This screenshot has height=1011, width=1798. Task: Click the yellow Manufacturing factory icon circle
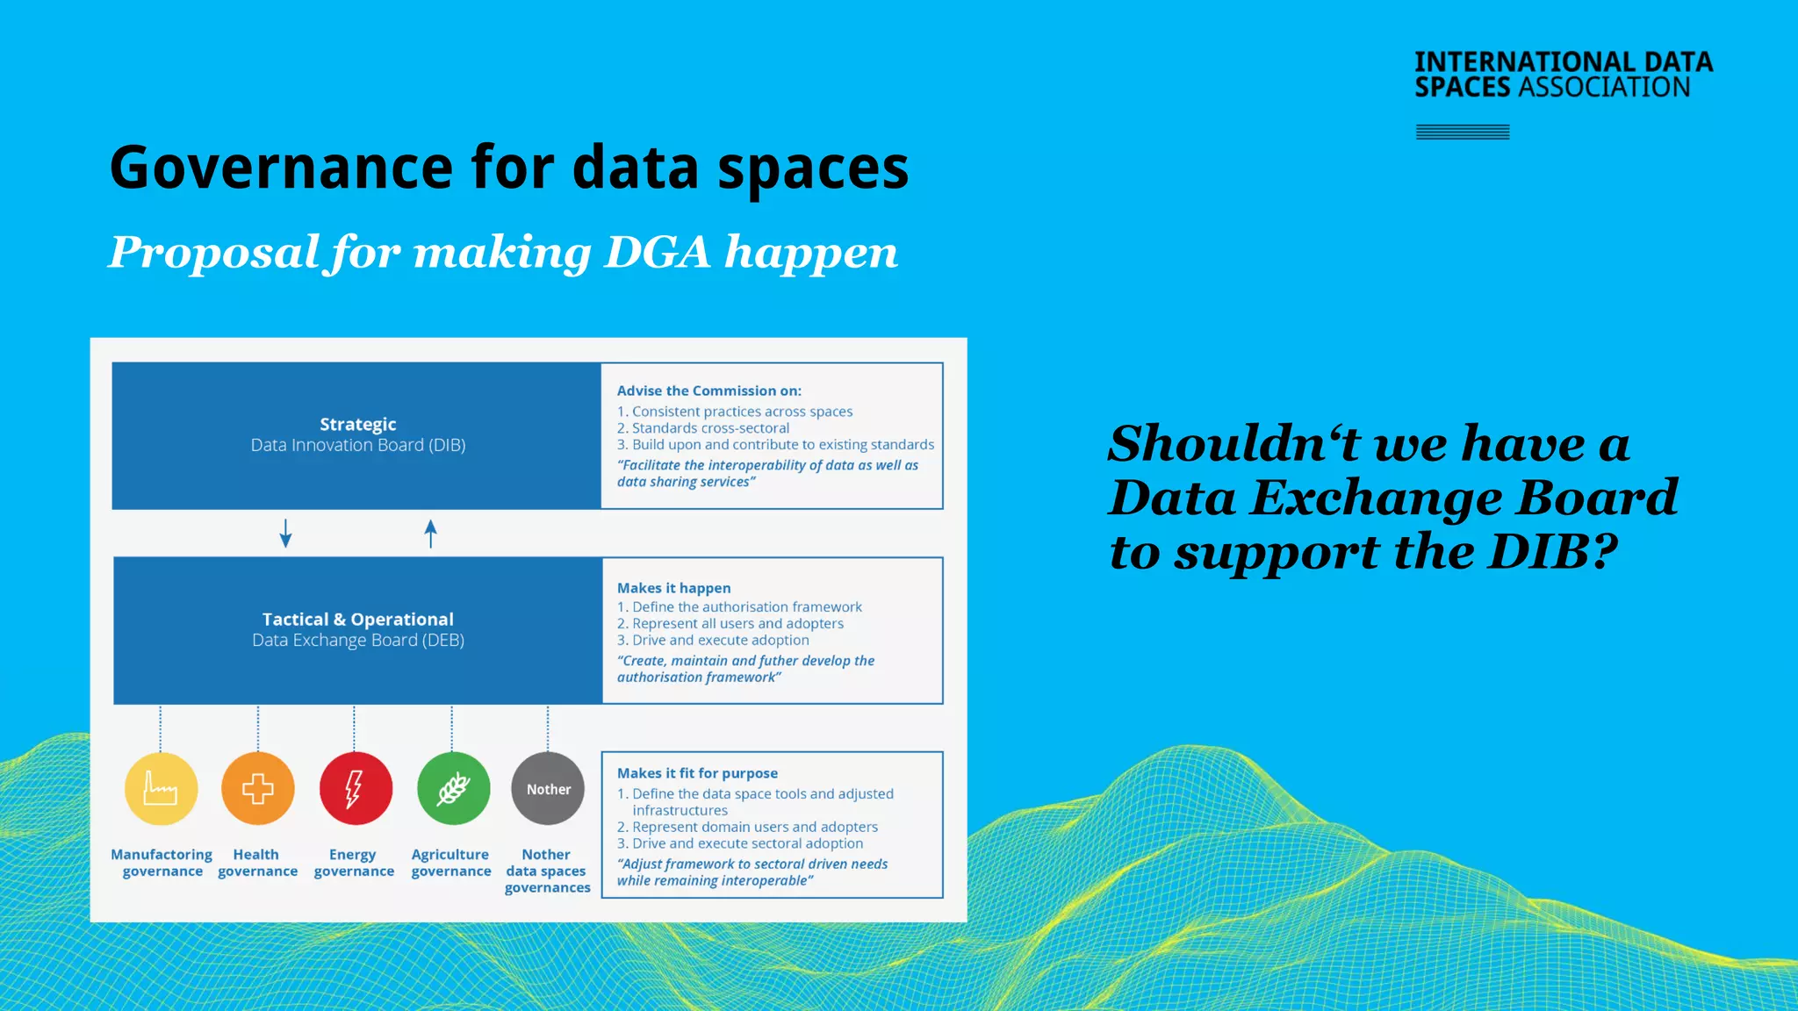click(x=161, y=788)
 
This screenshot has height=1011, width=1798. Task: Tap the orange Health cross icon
click(x=257, y=788)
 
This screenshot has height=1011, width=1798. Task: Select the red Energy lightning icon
click(x=355, y=788)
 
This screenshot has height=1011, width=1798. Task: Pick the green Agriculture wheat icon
click(x=453, y=788)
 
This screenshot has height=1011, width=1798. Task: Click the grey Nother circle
click(x=548, y=788)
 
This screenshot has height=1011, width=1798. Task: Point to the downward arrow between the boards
click(x=285, y=533)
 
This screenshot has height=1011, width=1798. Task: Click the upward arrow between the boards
click(x=430, y=533)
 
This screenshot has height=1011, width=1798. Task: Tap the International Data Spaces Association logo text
click(x=1563, y=75)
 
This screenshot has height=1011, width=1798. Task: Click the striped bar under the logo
click(x=1462, y=133)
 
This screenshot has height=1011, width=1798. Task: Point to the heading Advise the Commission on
click(x=708, y=391)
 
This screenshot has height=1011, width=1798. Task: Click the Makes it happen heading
click(x=673, y=588)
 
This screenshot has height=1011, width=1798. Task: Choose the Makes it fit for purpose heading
click(x=697, y=773)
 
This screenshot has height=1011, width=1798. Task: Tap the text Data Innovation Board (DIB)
click(x=358, y=445)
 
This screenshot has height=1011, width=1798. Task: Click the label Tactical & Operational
click(x=358, y=619)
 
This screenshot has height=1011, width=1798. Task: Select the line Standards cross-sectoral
click(x=710, y=428)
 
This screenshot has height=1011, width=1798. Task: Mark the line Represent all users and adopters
click(x=737, y=623)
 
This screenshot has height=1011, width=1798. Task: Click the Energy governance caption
click(x=354, y=863)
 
